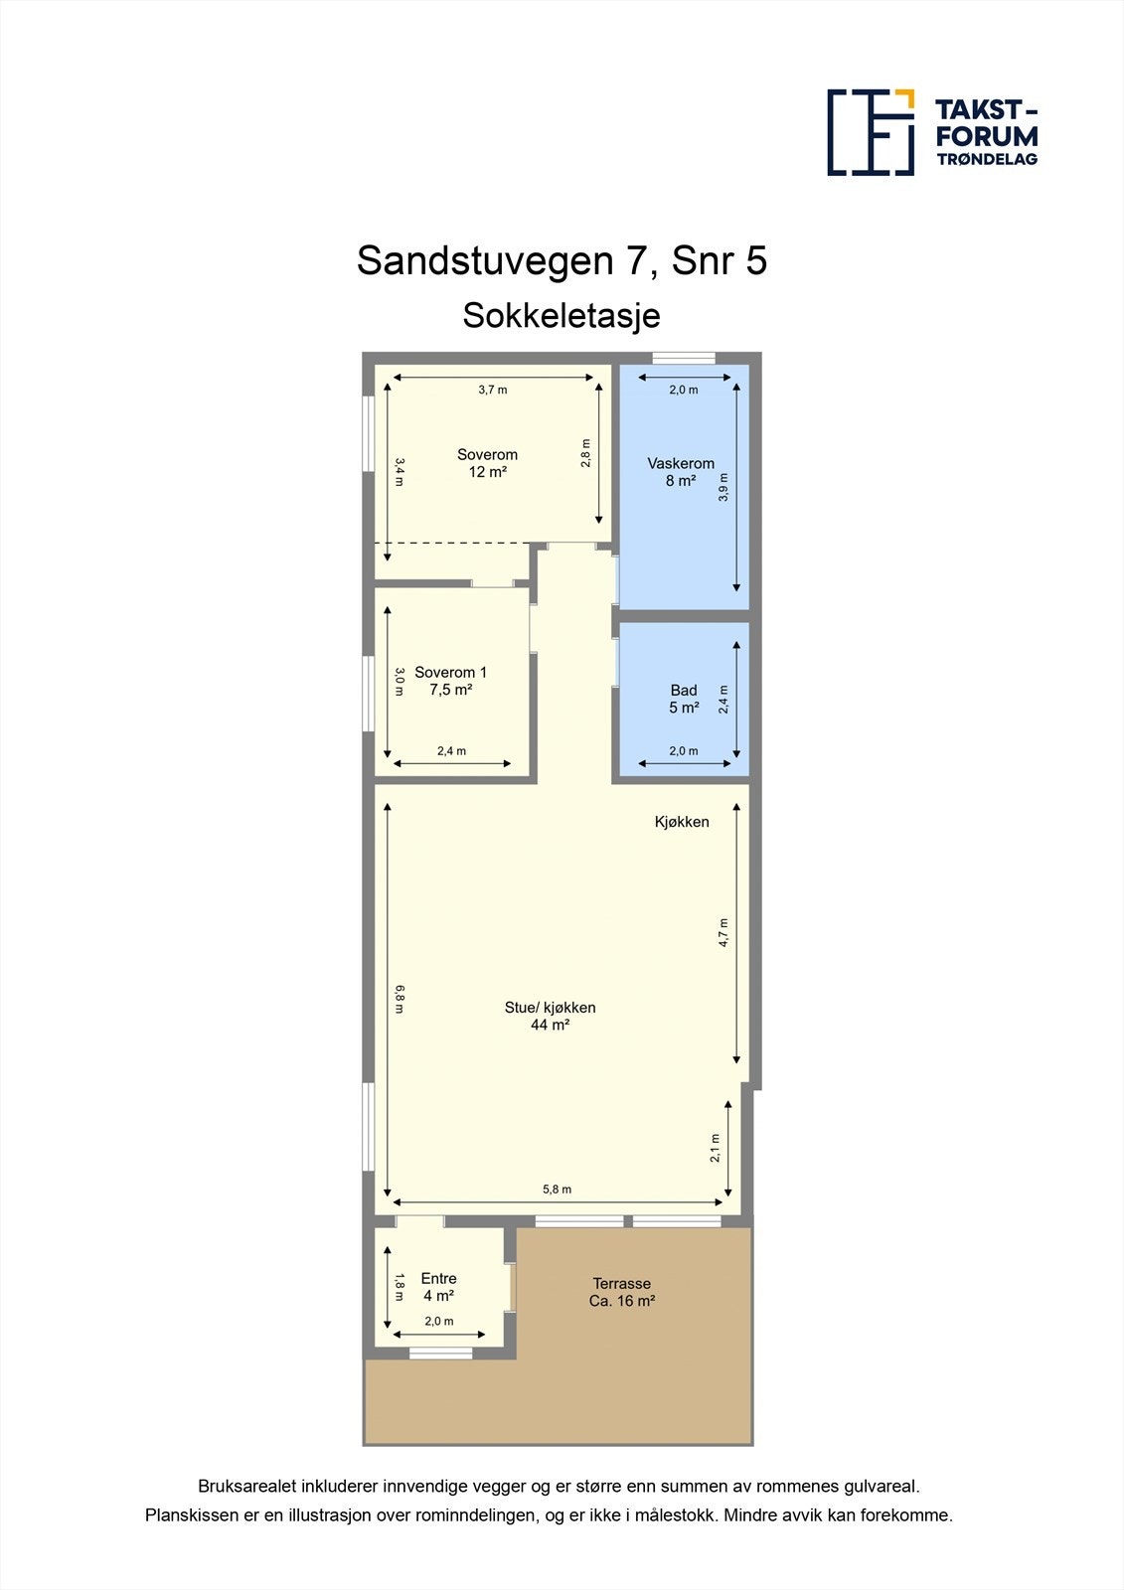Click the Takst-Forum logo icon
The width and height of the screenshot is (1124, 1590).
click(x=871, y=132)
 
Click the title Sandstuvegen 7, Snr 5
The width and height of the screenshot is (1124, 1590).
click(x=562, y=261)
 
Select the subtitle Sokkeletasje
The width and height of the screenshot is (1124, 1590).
click(x=562, y=316)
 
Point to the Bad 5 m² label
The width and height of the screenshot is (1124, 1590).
click(x=684, y=699)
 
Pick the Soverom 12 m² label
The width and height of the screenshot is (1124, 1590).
click(x=487, y=463)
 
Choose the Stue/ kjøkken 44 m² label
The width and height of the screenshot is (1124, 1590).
click(x=550, y=1016)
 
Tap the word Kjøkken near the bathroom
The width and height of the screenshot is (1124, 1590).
click(x=682, y=822)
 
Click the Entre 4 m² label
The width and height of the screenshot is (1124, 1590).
click(x=438, y=1287)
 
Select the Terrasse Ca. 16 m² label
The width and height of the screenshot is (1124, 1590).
click(x=621, y=1292)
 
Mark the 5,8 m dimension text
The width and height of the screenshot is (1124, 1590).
click(x=557, y=1190)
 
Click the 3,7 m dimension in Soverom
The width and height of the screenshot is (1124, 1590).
click(x=493, y=390)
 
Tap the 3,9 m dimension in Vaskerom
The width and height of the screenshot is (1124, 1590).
click(x=723, y=487)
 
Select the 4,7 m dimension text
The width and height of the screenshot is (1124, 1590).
click(x=723, y=932)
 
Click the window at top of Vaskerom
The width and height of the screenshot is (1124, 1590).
click(x=684, y=359)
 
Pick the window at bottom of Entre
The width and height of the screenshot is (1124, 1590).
click(x=441, y=1352)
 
